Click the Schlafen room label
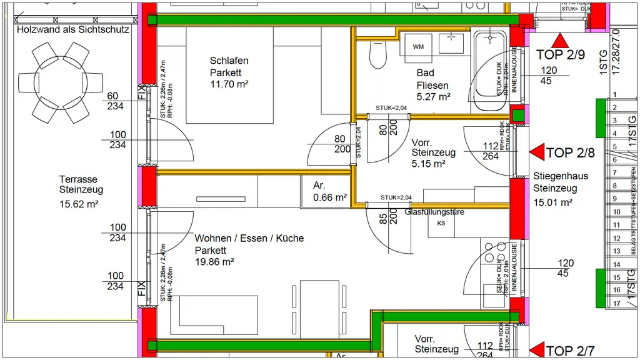(x=229, y=61)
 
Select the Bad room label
(x=425, y=73)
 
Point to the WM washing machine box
(x=418, y=46)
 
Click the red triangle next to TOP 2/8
(x=537, y=152)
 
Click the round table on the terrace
(x=61, y=82)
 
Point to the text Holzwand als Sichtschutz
(x=73, y=29)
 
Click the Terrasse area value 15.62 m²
(x=79, y=203)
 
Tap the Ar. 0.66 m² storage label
(x=330, y=191)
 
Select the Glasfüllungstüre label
(x=434, y=212)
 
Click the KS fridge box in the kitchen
(x=441, y=223)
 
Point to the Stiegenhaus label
(x=561, y=176)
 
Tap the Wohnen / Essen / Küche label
(x=249, y=238)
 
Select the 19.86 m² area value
(x=214, y=262)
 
